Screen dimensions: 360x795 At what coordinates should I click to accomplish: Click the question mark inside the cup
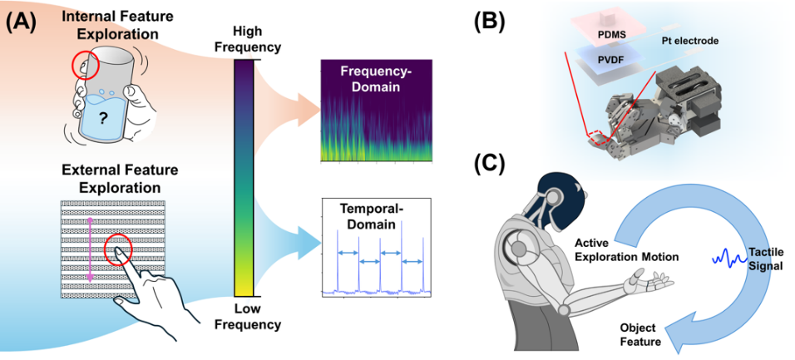click(x=104, y=119)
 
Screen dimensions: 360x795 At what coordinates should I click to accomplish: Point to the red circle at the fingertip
click(x=118, y=249)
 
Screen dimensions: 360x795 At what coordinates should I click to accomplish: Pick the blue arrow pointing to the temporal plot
click(x=295, y=241)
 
